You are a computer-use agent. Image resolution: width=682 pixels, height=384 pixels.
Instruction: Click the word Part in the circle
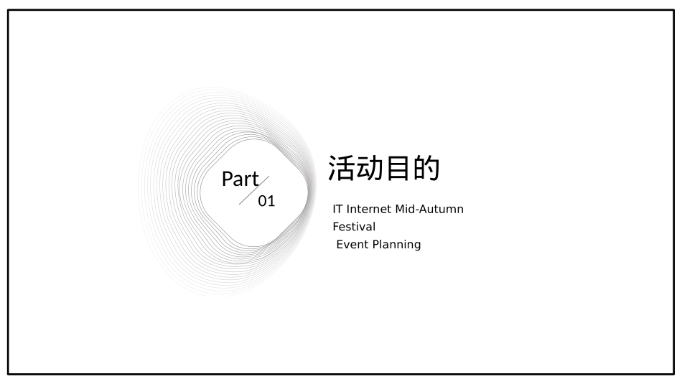[240, 179]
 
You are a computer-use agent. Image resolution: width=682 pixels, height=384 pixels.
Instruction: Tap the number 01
[266, 201]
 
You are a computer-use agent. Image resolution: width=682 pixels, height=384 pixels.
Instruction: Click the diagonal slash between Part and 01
[254, 191]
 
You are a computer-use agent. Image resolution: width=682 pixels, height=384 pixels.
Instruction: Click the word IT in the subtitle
[337, 210]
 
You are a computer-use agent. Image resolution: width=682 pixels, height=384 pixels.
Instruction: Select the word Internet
[370, 210]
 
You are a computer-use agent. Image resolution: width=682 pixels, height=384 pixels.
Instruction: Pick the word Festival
[354, 227]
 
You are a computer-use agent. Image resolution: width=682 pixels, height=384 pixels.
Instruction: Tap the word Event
[351, 244]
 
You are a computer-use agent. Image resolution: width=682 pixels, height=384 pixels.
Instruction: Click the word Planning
[396, 245]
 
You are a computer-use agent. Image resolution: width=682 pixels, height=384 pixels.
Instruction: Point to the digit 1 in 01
[271, 201]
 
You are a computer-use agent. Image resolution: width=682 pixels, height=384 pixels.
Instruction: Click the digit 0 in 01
[262, 201]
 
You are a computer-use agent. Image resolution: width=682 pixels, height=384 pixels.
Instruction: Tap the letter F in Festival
[335, 227]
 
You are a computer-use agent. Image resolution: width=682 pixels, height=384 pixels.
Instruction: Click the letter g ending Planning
[416, 245]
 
